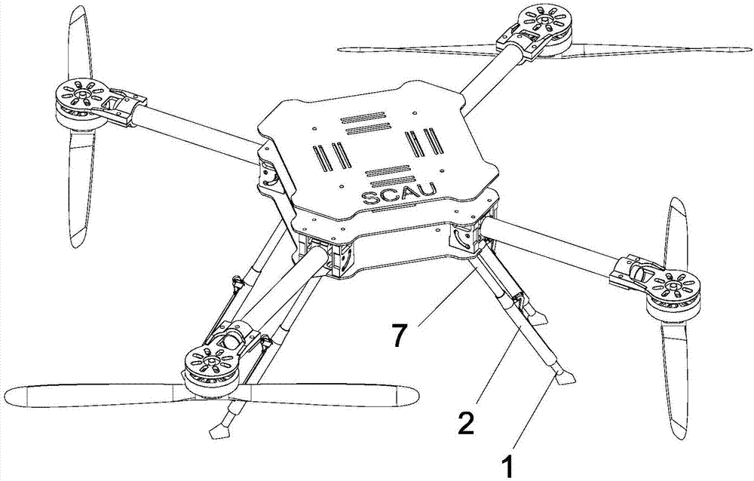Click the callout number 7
[x=399, y=335]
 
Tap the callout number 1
[x=507, y=467]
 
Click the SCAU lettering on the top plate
[x=399, y=195]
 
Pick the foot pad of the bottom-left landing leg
[x=220, y=430]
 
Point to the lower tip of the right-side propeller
[x=679, y=435]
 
